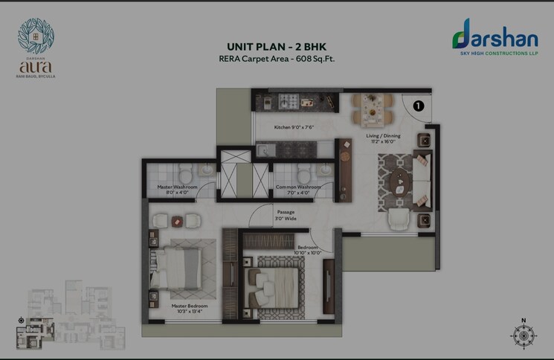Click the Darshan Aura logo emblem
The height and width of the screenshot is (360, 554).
pos(36,36)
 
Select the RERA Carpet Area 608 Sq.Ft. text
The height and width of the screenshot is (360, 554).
pos(277,58)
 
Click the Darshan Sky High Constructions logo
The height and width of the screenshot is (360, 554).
pos(494,37)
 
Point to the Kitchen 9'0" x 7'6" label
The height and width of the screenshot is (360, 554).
pos(294,127)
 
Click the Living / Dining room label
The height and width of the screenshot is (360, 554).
pos(383,138)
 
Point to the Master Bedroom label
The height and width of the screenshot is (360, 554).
pos(189,309)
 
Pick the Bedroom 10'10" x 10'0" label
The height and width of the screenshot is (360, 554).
pos(309,250)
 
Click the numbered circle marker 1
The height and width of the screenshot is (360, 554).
pos(418,106)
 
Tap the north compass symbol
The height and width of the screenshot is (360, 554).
pos(524,335)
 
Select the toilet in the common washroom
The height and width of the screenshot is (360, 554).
pos(303,174)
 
